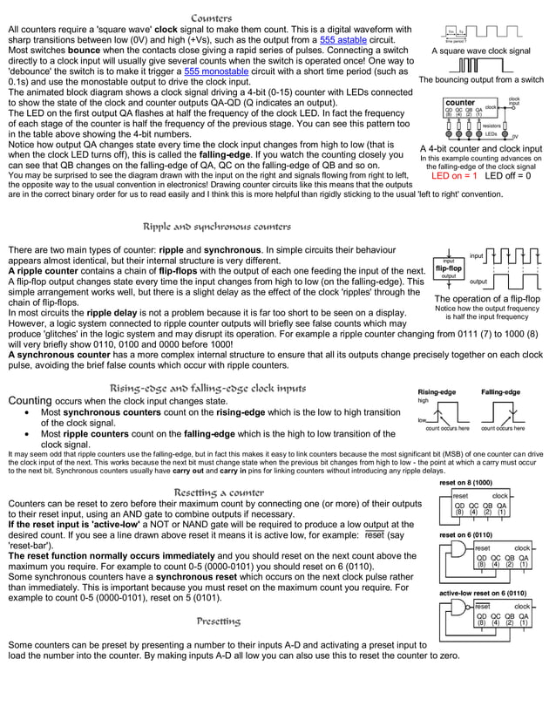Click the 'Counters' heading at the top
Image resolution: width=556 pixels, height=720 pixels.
coord(211,18)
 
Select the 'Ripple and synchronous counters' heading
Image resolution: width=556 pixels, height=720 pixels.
coord(217,227)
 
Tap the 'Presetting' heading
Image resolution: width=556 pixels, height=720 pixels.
coord(218,622)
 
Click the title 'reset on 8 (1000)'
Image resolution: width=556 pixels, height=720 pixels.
coord(465,482)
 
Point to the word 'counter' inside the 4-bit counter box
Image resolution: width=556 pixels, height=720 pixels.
coord(459,103)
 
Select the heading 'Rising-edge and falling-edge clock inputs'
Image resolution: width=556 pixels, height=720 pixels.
coord(207,388)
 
